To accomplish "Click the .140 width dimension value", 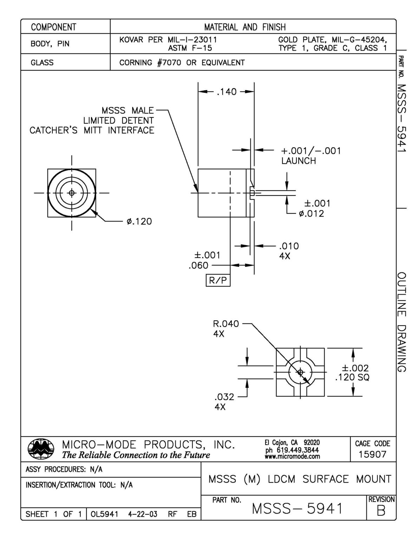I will click(x=227, y=92).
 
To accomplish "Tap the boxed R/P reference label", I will click(x=218, y=280).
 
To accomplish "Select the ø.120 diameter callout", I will click(x=139, y=221).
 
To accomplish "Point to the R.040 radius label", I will click(x=226, y=323).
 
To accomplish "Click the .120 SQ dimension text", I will click(x=352, y=378).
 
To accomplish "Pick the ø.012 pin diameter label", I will click(x=311, y=213).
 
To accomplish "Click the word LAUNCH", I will click(x=298, y=161).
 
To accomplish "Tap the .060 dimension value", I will click(x=198, y=266).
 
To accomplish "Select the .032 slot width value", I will click(x=224, y=397).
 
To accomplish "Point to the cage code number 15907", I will click(x=372, y=454).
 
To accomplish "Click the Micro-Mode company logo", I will click(x=40, y=449).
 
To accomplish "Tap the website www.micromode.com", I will click(x=293, y=457).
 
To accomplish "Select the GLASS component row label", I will click(x=42, y=63).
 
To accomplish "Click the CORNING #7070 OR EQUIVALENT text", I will click(x=182, y=63).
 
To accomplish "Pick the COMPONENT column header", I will click(x=53, y=27).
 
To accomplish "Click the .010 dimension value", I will click(x=289, y=246).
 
